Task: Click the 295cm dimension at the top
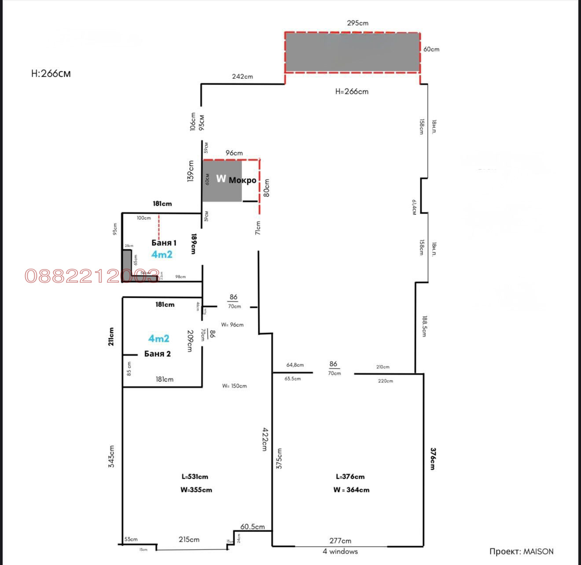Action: pyautogui.click(x=357, y=23)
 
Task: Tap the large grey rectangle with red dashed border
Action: pyautogui.click(x=352, y=52)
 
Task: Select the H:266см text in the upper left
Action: pyautogui.click(x=51, y=74)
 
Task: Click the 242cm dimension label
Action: pyautogui.click(x=243, y=77)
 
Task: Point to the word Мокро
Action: pyautogui.click(x=242, y=180)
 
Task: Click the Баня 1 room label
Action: pyautogui.click(x=164, y=243)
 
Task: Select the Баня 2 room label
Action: pyautogui.click(x=157, y=354)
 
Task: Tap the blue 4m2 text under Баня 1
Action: pyautogui.click(x=162, y=255)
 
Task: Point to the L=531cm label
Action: pyautogui.click(x=195, y=476)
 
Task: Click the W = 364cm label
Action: pyautogui.click(x=351, y=490)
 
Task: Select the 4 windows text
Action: pyautogui.click(x=340, y=551)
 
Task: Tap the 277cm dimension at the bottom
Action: pyautogui.click(x=340, y=541)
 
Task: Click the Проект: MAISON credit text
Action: pyautogui.click(x=521, y=551)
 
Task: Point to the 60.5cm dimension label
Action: pyautogui.click(x=253, y=527)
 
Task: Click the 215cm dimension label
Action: pyautogui.click(x=189, y=539)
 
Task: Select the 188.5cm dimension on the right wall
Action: pyautogui.click(x=424, y=326)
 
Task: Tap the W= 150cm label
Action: pyautogui.click(x=235, y=386)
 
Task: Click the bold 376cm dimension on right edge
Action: pyautogui.click(x=433, y=459)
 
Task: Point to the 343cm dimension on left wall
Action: pyautogui.click(x=111, y=456)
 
